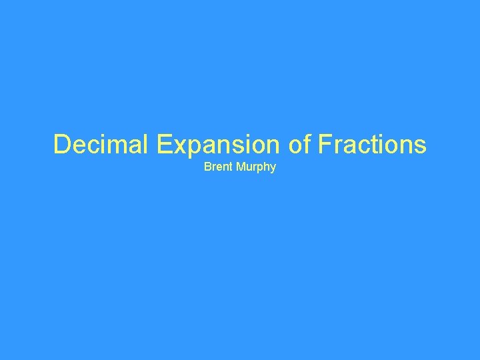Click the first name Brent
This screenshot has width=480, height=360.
click(217, 166)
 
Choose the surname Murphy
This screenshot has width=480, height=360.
click(254, 167)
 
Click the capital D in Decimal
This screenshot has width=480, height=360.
click(61, 144)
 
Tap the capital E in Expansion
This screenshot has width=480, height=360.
click(166, 144)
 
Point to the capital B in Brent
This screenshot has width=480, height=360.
click(207, 166)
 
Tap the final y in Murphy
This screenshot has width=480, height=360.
click(273, 168)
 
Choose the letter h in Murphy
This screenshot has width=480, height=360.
click(265, 166)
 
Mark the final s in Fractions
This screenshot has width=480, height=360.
click(420, 146)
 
